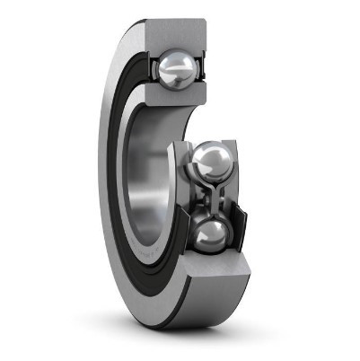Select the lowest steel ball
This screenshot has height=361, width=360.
coord(211,235)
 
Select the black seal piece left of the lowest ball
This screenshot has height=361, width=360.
coord(186,235)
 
